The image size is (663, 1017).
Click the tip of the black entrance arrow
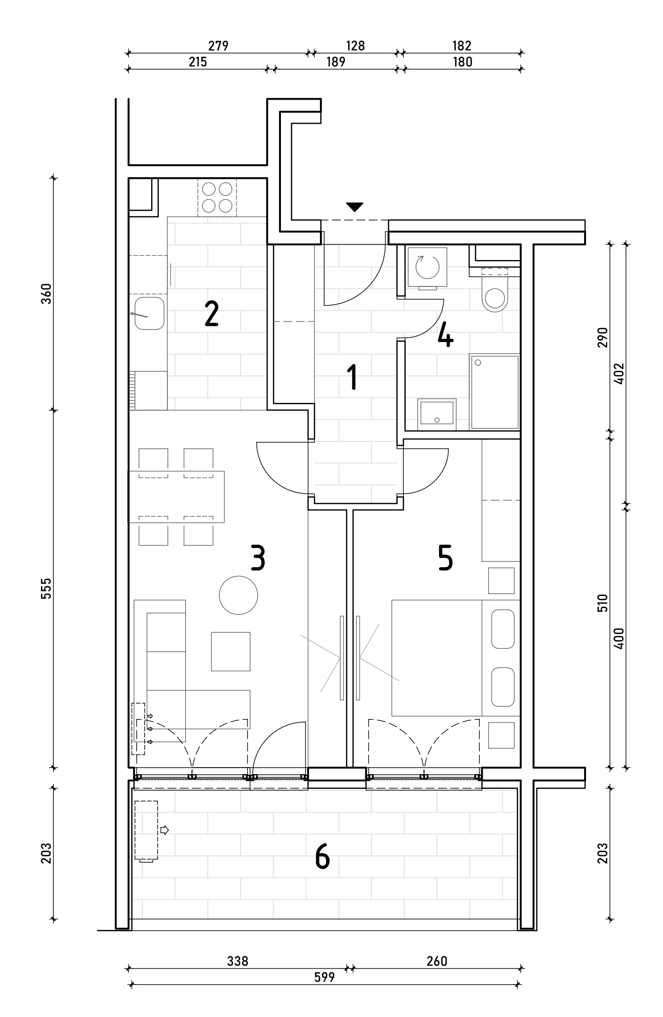[x=355, y=212]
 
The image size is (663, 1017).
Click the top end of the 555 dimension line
[x=54, y=410]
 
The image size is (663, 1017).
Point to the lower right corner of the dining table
[x=224, y=523]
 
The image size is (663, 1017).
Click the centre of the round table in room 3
[x=238, y=595]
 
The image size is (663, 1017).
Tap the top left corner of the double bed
[x=392, y=600]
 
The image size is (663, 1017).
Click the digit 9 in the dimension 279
[x=225, y=45]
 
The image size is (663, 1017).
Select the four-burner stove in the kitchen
[x=217, y=198]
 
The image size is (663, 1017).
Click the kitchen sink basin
[x=149, y=313]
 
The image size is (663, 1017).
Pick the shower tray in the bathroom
[x=494, y=392]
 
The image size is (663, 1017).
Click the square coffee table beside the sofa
[x=231, y=651]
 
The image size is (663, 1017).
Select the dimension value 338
[x=238, y=961]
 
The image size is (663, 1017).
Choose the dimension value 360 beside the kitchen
[x=46, y=293]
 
